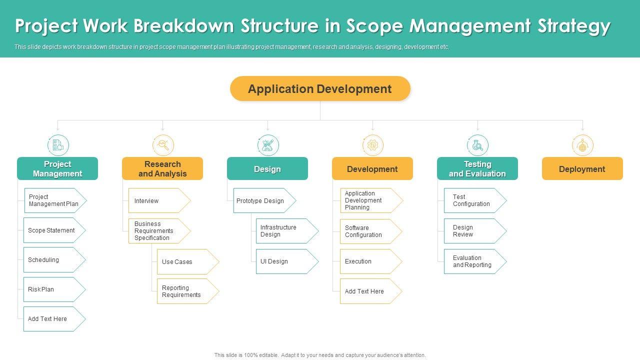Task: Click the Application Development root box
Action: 320,88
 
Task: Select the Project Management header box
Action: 57,168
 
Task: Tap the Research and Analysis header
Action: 162,168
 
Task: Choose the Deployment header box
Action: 582,168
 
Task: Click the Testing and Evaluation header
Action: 477,168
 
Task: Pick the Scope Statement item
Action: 54,230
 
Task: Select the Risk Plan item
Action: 54,289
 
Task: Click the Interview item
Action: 159,200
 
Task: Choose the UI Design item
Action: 287,261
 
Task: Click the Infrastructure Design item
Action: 287,231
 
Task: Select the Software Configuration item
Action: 371,231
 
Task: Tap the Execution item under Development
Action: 371,261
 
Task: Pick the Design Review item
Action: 475,231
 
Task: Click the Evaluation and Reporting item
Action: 475,261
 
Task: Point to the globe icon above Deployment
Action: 582,145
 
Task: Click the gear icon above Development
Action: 373,145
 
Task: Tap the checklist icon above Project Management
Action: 58,145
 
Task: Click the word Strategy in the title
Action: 574,26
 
